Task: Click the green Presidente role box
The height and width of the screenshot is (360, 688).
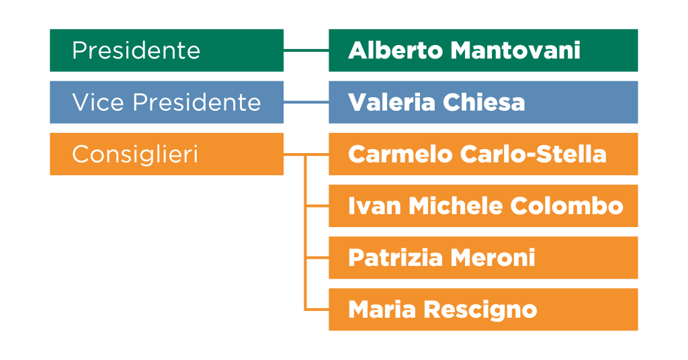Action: point(167,50)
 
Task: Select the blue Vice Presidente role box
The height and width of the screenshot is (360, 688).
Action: point(167,102)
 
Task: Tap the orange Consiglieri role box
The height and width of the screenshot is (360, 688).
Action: point(167,154)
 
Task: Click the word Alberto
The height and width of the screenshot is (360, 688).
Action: point(395,50)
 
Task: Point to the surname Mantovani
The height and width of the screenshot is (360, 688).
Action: point(515,50)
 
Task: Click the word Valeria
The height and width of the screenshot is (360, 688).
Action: point(392,102)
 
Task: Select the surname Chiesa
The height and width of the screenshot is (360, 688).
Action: point(484,102)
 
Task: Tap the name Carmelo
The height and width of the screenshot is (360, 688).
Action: point(400,154)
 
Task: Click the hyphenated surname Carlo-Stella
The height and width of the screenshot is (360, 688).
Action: point(533,154)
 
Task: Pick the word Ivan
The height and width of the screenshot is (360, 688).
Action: point(375,206)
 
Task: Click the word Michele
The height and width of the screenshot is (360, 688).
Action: point(456,206)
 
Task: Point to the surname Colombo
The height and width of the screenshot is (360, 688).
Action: point(567,206)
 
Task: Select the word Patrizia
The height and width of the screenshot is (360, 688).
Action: point(395,258)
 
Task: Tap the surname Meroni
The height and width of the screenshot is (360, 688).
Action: point(493,258)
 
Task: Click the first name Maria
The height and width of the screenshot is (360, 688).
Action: point(382,310)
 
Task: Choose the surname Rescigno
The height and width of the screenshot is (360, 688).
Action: point(480,310)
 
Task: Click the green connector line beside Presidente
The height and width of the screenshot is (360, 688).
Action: point(306,51)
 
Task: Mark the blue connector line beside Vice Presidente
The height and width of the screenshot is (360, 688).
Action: point(306,102)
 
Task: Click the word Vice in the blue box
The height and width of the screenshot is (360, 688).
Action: point(98,102)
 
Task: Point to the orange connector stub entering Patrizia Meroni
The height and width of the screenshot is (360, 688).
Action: point(317,258)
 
